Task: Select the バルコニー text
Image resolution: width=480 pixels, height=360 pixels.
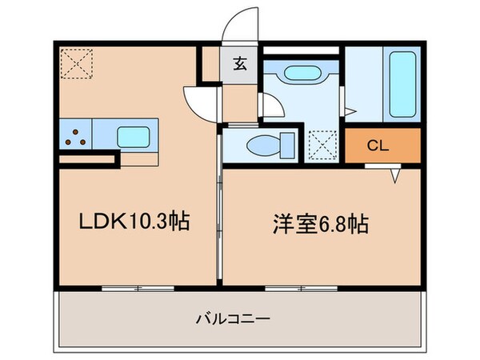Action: pos(234,318)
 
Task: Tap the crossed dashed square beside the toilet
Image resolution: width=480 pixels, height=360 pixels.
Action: pos(323,146)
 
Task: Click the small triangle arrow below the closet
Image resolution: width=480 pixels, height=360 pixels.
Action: pos(395,174)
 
